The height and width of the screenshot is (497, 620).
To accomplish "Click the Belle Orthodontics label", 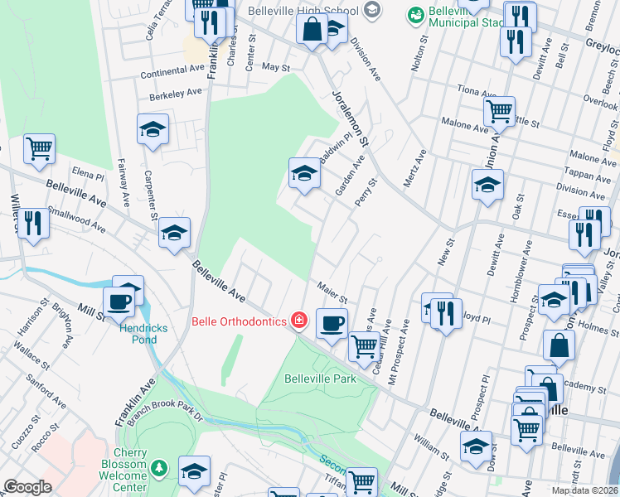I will click(238, 321).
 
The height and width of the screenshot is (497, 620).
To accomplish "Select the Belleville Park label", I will click(320, 379).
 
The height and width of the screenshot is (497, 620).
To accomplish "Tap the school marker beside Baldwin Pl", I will click(304, 173).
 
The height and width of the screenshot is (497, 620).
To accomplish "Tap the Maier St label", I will click(332, 291).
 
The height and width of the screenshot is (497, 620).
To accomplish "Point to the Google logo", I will click(27, 487).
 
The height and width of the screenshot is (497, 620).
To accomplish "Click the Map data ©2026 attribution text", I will click(584, 490).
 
